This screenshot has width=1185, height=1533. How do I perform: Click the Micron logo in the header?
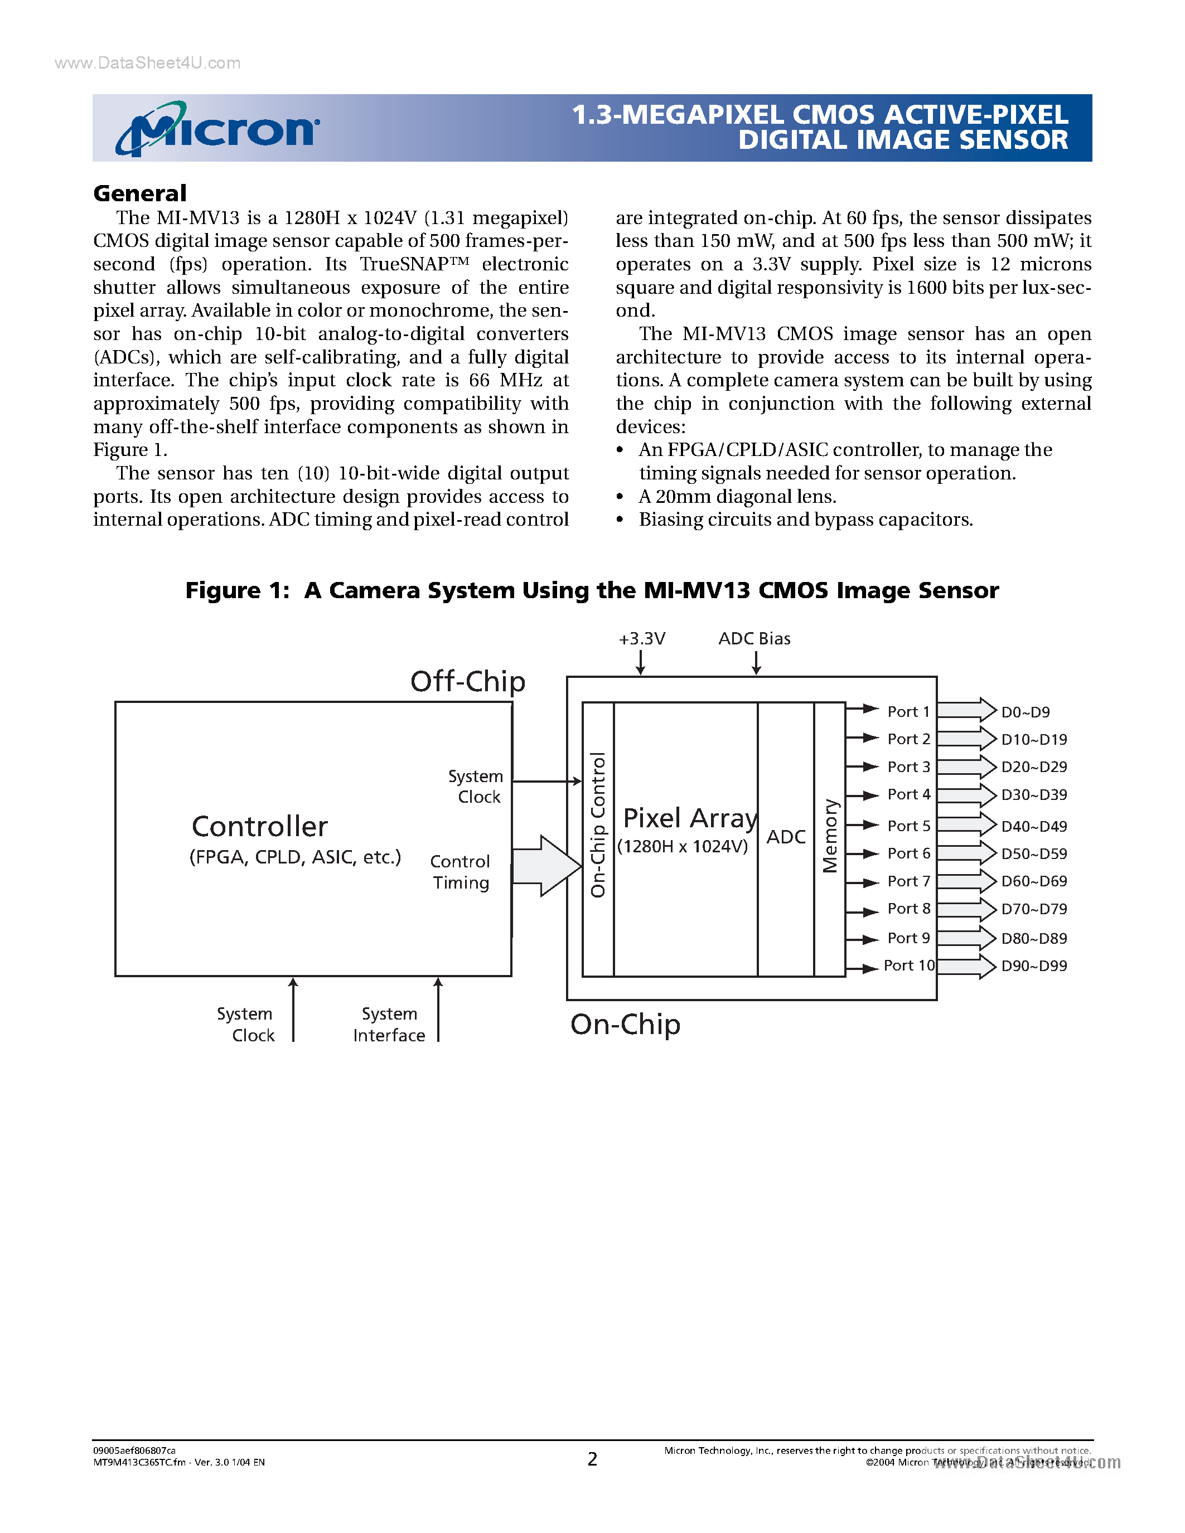(x=217, y=128)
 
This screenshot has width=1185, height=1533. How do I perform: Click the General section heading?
(x=140, y=193)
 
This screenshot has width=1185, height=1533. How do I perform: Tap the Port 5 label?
(x=908, y=826)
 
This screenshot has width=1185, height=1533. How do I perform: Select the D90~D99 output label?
(x=1033, y=966)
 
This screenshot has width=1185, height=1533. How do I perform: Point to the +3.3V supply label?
(x=642, y=639)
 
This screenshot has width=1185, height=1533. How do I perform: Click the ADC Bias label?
(x=754, y=639)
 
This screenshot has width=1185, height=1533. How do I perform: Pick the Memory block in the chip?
(x=830, y=836)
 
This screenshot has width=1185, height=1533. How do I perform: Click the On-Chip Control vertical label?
(x=598, y=825)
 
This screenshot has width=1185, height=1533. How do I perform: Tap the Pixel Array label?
(x=690, y=818)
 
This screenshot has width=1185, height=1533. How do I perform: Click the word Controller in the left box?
(x=260, y=827)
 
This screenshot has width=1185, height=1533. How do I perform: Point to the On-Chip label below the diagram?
(x=625, y=1024)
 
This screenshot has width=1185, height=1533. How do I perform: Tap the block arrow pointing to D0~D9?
(x=966, y=710)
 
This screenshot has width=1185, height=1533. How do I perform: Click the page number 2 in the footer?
(x=592, y=1459)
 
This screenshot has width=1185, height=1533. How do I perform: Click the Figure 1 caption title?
(x=592, y=590)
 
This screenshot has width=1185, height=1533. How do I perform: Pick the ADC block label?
(x=786, y=837)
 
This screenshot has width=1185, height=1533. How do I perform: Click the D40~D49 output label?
(x=1033, y=826)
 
